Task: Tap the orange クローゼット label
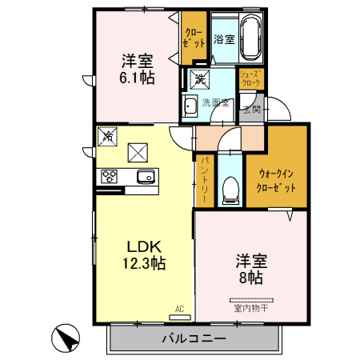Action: [194, 38]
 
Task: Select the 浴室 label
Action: [223, 38]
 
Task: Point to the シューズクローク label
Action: [252, 78]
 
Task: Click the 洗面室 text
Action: [215, 103]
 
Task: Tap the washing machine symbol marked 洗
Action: [198, 79]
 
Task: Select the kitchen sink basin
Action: [144, 177]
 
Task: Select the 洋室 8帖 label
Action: [250, 269]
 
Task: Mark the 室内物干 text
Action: [251, 306]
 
